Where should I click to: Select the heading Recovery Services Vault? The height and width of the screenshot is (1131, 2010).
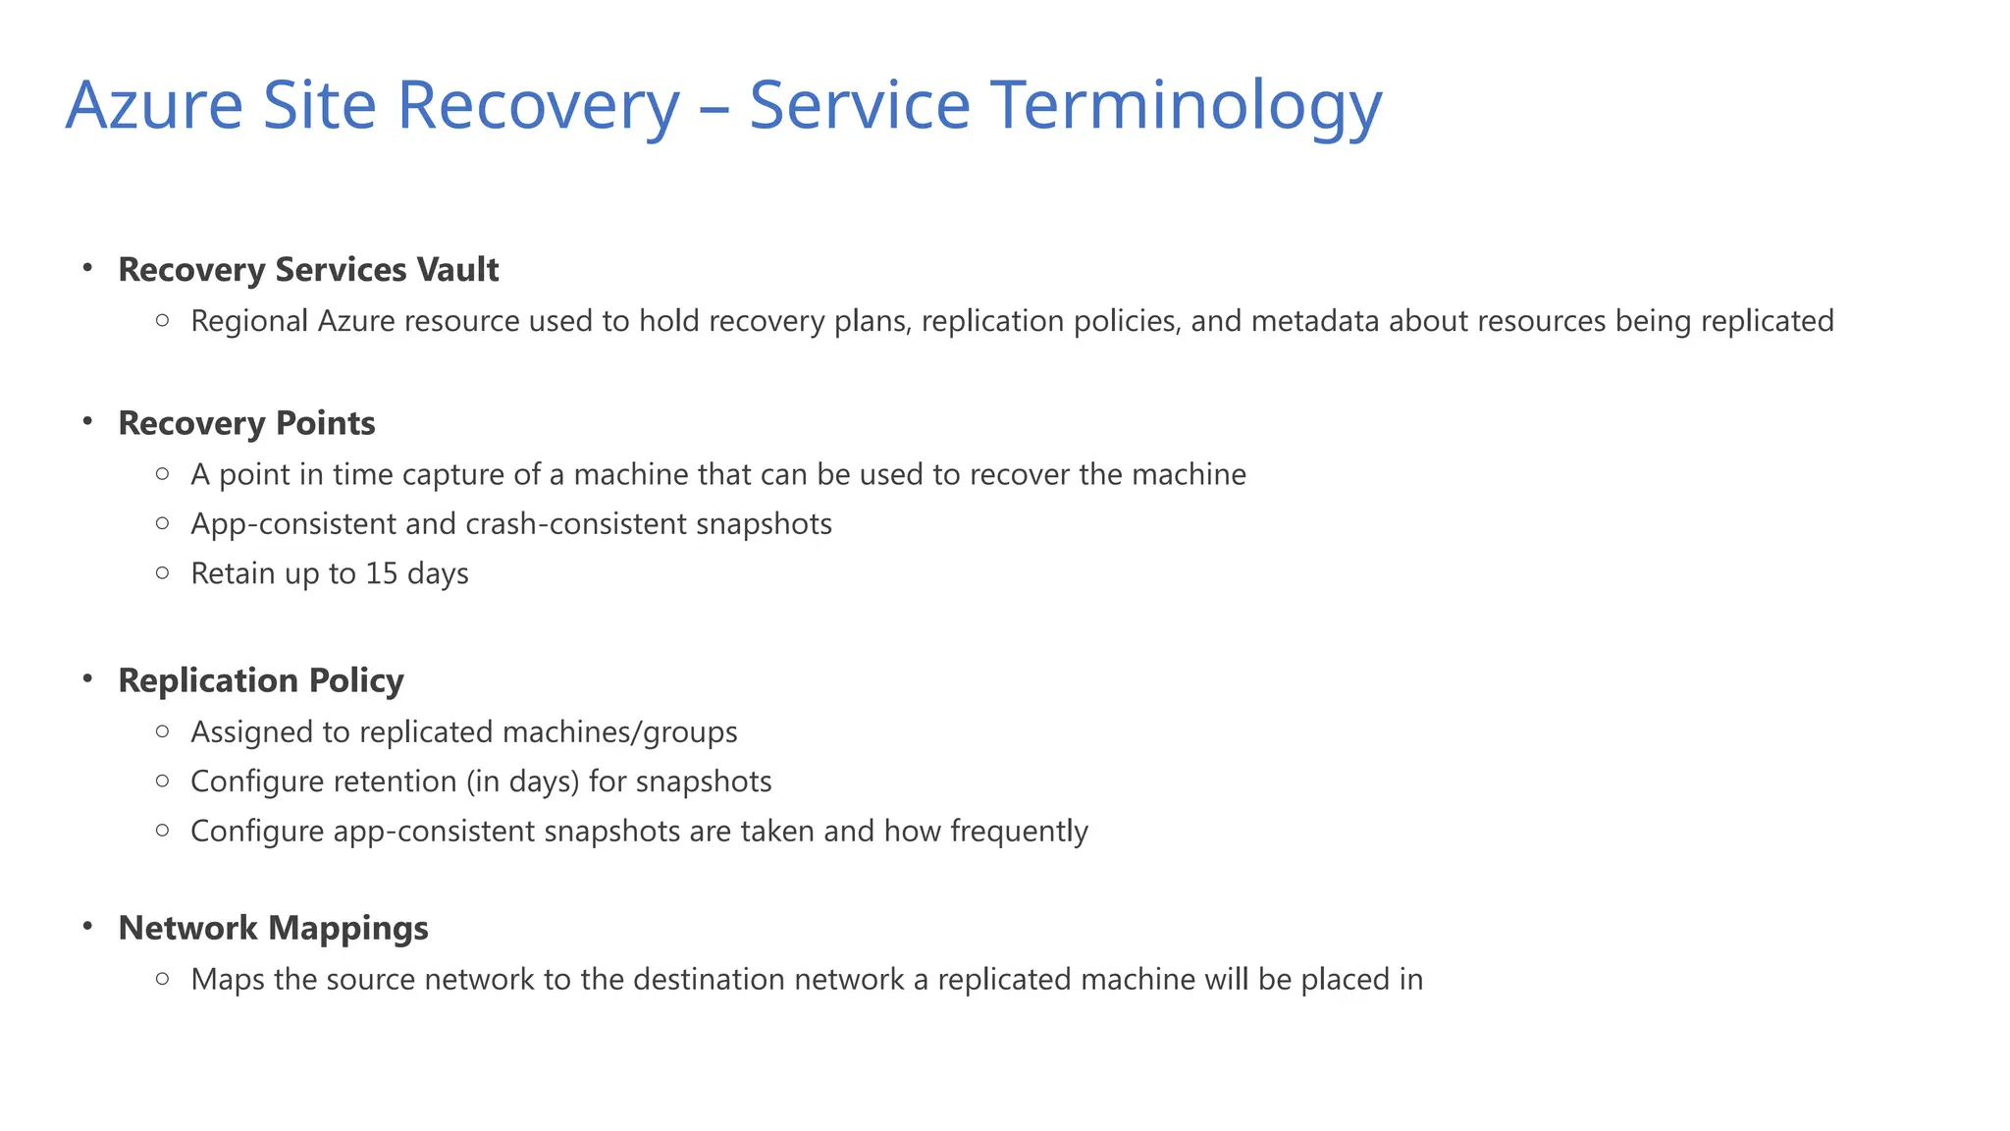[x=308, y=270]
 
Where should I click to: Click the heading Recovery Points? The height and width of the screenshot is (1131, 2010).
[x=246, y=423]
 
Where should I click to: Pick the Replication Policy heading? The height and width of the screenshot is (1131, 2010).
[x=261, y=680]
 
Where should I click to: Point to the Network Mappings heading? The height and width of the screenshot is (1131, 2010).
[x=273, y=928]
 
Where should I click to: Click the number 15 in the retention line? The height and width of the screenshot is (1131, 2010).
[x=381, y=573]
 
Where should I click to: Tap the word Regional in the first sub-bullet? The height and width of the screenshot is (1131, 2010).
[x=249, y=322]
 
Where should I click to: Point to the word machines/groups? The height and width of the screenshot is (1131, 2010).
[x=619, y=732]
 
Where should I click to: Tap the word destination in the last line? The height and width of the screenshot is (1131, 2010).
[x=709, y=980]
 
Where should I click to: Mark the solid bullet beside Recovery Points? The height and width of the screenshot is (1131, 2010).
[x=87, y=422]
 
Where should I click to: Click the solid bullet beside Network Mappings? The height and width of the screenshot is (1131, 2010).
[x=87, y=927]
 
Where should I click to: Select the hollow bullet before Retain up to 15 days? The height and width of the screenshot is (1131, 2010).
[x=163, y=573]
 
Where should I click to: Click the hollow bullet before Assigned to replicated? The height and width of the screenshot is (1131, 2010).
[x=163, y=731]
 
